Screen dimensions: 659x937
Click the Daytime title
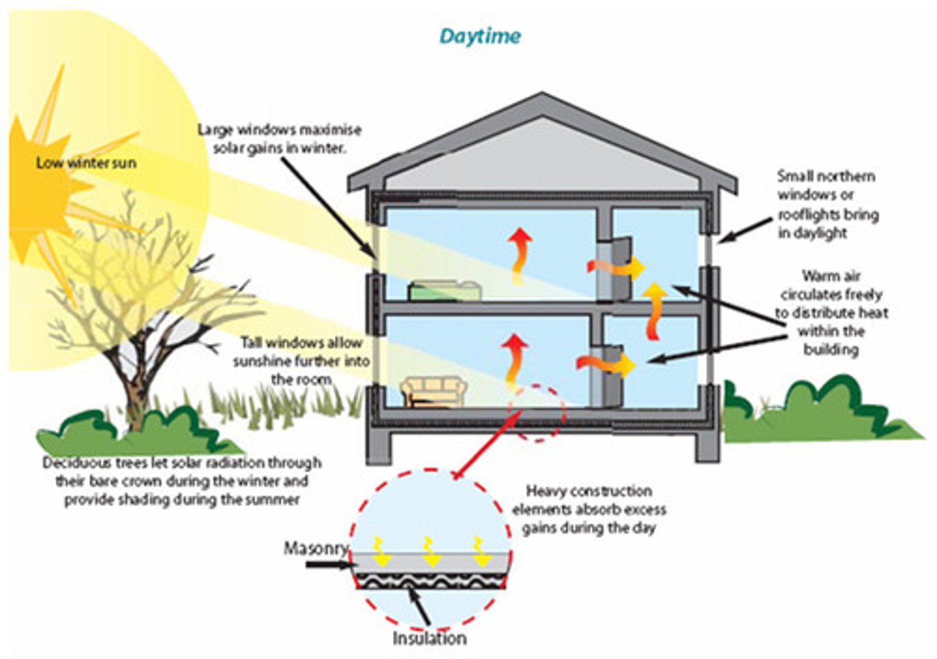pyautogui.click(x=480, y=36)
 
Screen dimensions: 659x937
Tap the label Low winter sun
pyautogui.click(x=86, y=163)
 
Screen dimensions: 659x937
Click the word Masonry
pyautogui.click(x=316, y=548)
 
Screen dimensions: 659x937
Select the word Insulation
pyautogui.click(x=429, y=638)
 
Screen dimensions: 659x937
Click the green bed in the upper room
pyautogui.click(x=444, y=290)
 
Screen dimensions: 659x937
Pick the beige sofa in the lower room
pyautogui.click(x=434, y=392)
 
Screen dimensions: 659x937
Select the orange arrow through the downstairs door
pyautogui.click(x=606, y=365)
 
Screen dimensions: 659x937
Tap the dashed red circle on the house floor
pyautogui.click(x=537, y=414)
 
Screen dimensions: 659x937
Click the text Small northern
pyautogui.click(x=826, y=176)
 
